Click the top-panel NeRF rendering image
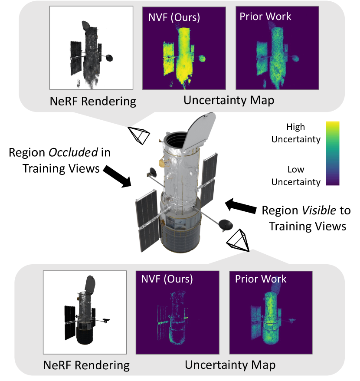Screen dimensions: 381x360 coord(92,49)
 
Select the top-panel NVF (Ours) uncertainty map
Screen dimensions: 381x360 coord(184,49)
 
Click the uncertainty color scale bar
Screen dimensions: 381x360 coord(332,154)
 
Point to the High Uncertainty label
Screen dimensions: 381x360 coord(301,133)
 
